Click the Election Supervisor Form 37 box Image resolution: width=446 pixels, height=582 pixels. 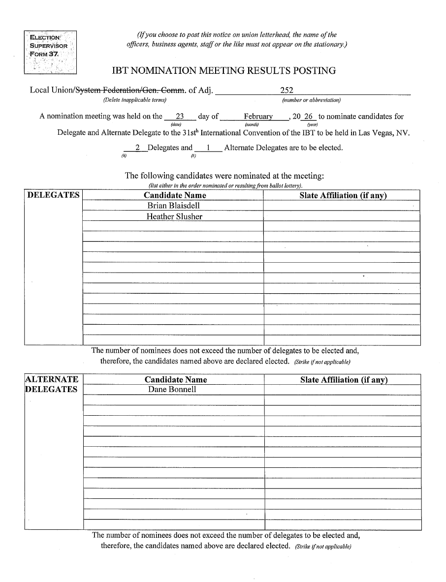point(50,52)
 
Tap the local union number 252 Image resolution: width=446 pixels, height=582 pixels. point(287,90)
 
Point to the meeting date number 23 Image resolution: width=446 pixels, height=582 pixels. point(180,117)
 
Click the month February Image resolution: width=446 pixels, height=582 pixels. point(258,117)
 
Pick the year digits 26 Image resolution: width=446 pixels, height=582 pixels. point(309,117)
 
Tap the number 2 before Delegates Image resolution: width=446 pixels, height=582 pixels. point(138,148)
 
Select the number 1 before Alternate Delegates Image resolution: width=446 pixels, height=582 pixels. point(209,148)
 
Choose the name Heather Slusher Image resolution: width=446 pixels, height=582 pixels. point(174,216)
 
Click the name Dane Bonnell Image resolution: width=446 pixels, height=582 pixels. point(172,389)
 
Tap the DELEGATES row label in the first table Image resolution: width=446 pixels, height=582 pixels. point(53,195)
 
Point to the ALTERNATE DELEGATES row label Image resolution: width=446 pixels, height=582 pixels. point(51,384)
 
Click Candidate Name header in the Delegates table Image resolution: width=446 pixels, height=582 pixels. point(175,195)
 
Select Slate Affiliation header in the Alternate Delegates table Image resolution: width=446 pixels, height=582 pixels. point(344,380)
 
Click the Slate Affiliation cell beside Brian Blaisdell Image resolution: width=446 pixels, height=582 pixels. point(342,206)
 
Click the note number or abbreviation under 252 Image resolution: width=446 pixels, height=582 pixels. point(311,100)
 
